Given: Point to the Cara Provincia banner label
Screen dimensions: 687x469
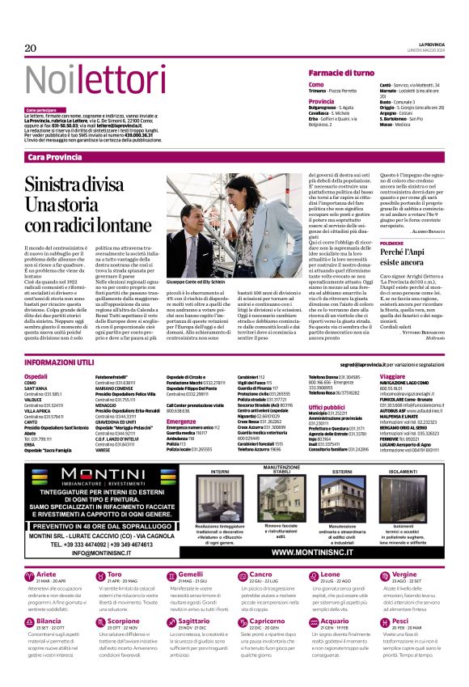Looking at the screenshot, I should (x=54, y=156).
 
